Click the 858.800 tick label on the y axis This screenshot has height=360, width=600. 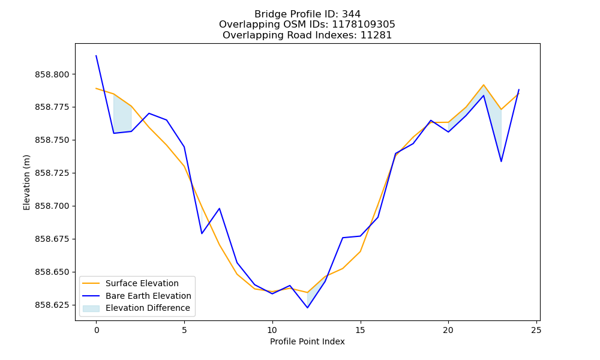pyautogui.click(x=52, y=74)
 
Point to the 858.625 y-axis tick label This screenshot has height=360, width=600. pyautogui.click(x=52, y=305)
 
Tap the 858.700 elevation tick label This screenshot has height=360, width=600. pyautogui.click(x=52, y=206)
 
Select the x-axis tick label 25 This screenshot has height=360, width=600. pyautogui.click(x=536, y=330)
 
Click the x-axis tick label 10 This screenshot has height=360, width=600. pyautogui.click(x=272, y=330)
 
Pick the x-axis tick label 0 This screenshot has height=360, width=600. pyautogui.click(x=97, y=330)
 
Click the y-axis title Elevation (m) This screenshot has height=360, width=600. pyautogui.click(x=26, y=182)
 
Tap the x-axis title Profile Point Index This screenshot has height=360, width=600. pyautogui.click(x=307, y=341)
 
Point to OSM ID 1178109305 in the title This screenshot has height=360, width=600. pyautogui.click(x=364, y=25)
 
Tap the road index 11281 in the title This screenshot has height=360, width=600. pyautogui.click(x=376, y=35)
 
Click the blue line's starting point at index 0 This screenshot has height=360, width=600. pyautogui.click(x=96, y=55)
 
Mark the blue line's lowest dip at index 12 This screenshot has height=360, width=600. pyautogui.click(x=307, y=308)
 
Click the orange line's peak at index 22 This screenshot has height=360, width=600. pyautogui.click(x=484, y=85)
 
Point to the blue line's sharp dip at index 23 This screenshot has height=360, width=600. pyautogui.click(x=501, y=161)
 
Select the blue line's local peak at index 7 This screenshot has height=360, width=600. pyautogui.click(x=219, y=209)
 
